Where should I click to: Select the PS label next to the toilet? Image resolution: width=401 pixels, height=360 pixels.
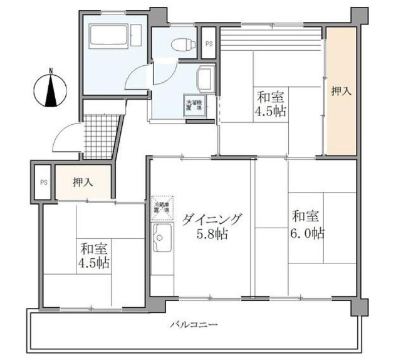click(x=209, y=43)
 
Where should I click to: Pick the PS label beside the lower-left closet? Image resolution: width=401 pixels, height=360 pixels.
click(x=43, y=183)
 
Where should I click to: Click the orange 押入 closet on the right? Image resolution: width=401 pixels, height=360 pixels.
click(x=341, y=91)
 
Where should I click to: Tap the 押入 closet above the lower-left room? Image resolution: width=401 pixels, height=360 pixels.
click(x=83, y=183)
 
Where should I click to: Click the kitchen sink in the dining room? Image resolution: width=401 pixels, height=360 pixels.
click(x=163, y=241)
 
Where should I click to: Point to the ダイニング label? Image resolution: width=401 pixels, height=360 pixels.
click(x=212, y=220)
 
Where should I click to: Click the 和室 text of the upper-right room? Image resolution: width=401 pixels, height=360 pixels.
click(x=271, y=97)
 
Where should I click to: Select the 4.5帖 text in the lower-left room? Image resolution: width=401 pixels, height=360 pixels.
click(x=93, y=262)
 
